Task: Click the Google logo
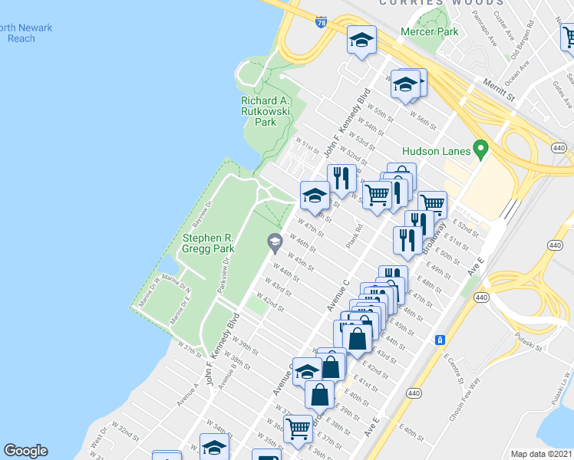click(x=26, y=451)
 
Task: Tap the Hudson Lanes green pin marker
click(x=481, y=148)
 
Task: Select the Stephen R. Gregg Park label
click(x=208, y=244)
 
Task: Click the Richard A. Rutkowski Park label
click(x=265, y=111)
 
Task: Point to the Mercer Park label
click(x=430, y=32)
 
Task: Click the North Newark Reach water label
click(x=26, y=33)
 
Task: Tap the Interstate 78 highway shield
click(x=321, y=22)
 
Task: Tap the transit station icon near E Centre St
click(x=440, y=340)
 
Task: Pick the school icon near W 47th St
click(x=314, y=195)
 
